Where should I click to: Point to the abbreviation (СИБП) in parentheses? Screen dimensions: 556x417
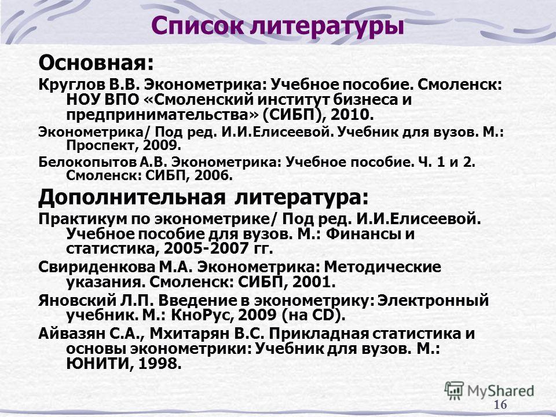pyautogui.click(x=295, y=115)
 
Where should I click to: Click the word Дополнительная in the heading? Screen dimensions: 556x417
pyautogui.click(x=131, y=197)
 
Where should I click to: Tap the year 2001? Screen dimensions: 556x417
pyautogui.click(x=313, y=282)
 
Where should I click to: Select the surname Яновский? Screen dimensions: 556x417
pyautogui.click(x=77, y=301)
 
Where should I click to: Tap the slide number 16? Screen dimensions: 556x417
pyautogui.click(x=500, y=405)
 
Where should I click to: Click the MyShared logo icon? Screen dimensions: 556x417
pyautogui.click(x=454, y=390)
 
